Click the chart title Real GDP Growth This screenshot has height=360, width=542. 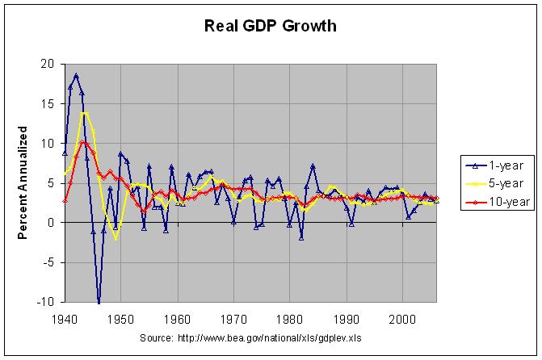pos(270,26)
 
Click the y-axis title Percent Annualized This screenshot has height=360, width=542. pos(23,182)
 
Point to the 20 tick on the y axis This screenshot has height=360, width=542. pos(48,64)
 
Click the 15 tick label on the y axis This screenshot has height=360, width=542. pos(48,103)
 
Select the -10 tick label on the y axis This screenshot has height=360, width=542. pos(45,302)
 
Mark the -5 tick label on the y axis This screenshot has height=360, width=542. pos(48,262)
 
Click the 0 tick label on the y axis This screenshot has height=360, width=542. pos(51,222)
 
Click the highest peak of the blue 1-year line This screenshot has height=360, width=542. pos(76,75)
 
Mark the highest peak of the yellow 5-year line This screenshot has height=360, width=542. pos(83,113)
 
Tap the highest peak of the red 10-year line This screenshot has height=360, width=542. pos(83,143)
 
